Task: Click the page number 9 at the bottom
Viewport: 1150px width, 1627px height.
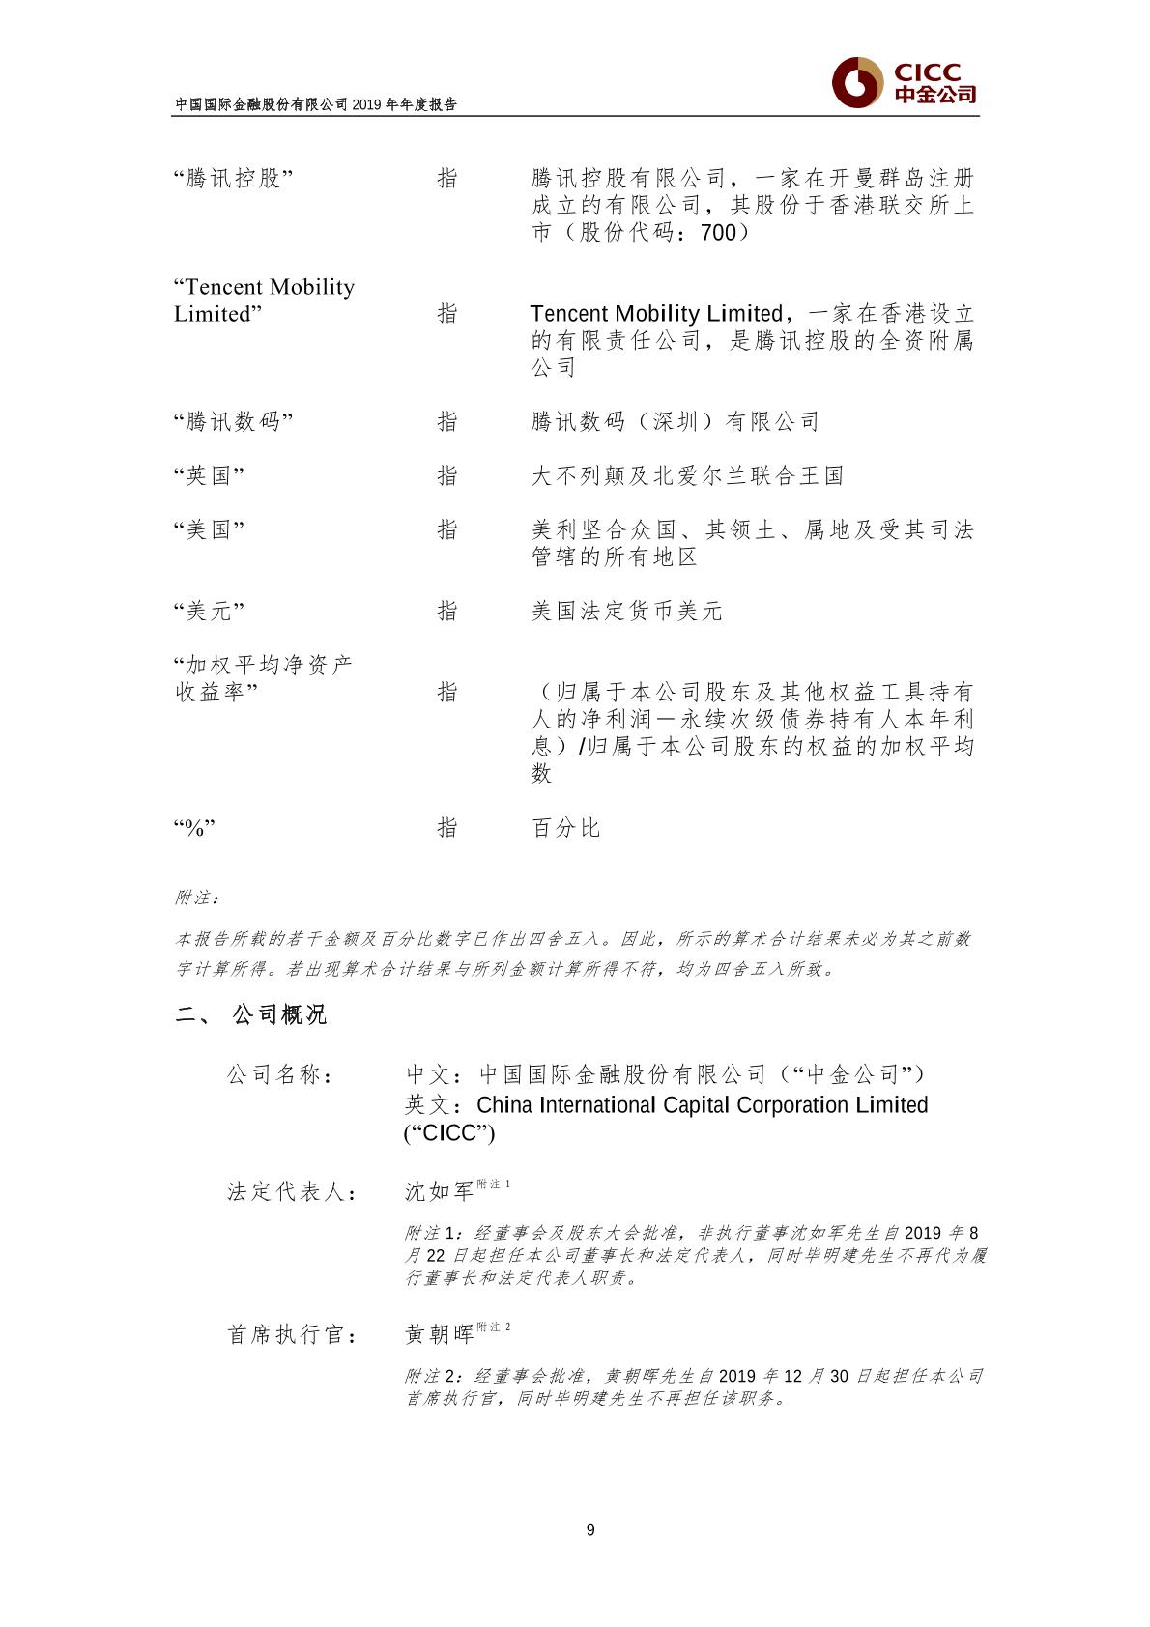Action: coord(590,1528)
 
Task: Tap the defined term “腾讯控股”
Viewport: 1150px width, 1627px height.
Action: coord(233,179)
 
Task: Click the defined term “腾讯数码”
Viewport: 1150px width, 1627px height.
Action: coord(233,422)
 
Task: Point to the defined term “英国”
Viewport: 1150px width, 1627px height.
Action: coord(209,476)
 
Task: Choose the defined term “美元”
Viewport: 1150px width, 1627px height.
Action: coord(209,612)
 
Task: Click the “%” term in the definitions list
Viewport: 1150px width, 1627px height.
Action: coord(195,828)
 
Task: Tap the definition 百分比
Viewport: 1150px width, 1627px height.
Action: coord(566,828)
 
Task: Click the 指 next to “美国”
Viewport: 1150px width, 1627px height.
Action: coord(447,530)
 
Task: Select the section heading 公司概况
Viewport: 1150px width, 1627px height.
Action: coord(279,1014)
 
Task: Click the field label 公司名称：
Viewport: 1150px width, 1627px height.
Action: coord(281,1074)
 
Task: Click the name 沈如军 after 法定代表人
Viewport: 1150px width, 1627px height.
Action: coord(440,1191)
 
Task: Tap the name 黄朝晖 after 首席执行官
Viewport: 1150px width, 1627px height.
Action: coord(440,1334)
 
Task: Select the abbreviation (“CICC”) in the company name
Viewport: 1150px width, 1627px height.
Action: coord(449,1133)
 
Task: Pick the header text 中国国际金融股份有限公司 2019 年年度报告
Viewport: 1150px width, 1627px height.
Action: coord(315,105)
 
